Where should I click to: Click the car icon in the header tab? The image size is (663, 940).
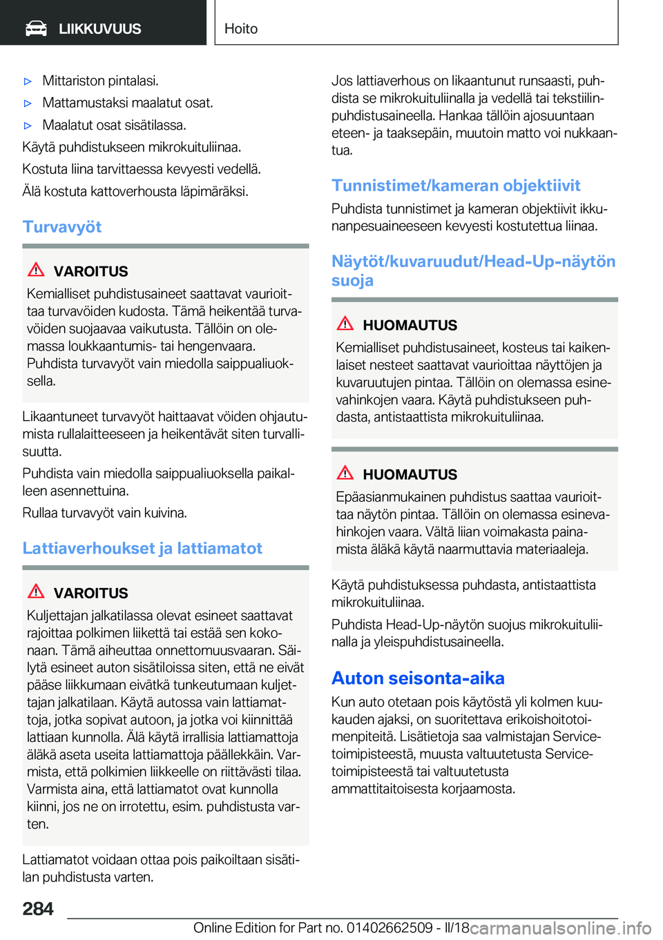point(36,28)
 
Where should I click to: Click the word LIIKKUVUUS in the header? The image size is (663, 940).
point(99,29)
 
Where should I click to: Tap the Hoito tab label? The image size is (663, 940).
point(241,29)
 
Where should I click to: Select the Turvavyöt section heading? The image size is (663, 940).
point(62,227)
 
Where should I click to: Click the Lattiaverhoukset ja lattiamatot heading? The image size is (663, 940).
point(142,549)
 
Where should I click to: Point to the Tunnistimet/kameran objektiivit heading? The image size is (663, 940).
point(456,186)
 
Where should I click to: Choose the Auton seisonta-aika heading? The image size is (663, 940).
point(418,678)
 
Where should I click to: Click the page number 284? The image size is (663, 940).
point(38,909)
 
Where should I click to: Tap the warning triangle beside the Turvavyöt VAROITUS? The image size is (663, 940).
point(36,270)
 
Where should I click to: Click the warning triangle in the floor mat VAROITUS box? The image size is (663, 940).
point(36,591)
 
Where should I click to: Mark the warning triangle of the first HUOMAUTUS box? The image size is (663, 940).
point(345,324)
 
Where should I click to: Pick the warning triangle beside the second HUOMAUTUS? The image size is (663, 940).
point(345,473)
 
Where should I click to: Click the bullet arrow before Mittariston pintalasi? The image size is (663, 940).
point(28,81)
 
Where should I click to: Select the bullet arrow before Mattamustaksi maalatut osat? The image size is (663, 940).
point(28,104)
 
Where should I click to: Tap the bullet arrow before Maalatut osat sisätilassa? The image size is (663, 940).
point(28,126)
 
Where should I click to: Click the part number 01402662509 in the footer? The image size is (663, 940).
point(390,928)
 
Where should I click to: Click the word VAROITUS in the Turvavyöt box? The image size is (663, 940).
point(90,271)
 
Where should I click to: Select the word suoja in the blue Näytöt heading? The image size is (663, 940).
point(352,281)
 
